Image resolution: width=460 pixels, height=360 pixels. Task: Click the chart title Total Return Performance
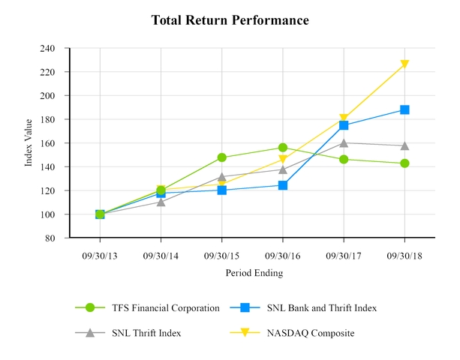[x=230, y=20]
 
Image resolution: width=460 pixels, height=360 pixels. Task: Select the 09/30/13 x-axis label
[x=100, y=255]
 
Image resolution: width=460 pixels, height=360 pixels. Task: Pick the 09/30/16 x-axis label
[x=282, y=255]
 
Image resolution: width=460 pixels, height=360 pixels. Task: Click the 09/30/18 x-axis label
[x=404, y=255]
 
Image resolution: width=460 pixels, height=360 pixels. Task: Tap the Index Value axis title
[x=29, y=143]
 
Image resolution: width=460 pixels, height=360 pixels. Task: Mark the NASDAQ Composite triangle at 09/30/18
[x=404, y=64]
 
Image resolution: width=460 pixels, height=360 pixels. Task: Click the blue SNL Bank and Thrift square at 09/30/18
[x=404, y=109]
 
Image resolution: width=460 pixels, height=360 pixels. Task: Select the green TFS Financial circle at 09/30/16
[x=283, y=148]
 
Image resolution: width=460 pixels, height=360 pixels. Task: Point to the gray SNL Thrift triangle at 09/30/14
[x=161, y=202]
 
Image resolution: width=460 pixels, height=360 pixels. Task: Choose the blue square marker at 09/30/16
[x=283, y=185]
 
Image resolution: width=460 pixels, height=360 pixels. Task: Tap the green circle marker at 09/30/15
[x=222, y=157]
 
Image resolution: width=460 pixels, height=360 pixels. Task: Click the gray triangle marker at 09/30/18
[x=404, y=145]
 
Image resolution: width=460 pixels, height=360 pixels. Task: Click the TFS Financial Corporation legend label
[x=165, y=307]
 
